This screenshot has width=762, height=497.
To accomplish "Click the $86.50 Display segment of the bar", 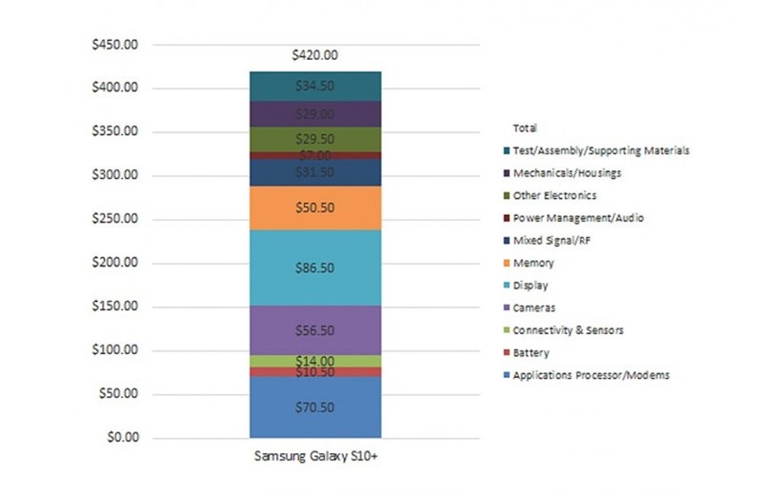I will pos(314,268).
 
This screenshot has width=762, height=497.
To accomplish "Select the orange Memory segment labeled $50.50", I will pos(314,208).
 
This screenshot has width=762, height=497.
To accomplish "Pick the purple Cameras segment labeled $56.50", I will pos(314,331).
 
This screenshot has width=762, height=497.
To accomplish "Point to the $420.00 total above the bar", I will pos(314,55).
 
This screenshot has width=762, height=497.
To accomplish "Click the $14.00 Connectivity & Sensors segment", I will pos(314,362).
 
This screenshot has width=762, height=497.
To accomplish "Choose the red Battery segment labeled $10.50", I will pos(314,372).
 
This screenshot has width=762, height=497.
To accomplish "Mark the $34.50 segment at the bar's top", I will pos(314,86).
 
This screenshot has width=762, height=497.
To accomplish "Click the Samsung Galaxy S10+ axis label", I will pos(315,455).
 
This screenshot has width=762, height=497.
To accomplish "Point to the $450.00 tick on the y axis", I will pos(112,44).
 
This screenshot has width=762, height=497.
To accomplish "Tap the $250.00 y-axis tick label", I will pos(112,219).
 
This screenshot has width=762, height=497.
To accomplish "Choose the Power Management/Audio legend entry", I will pos(578,218).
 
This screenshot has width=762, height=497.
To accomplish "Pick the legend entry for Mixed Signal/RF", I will pos(554,240).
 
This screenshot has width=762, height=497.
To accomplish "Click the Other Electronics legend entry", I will pos(560,195).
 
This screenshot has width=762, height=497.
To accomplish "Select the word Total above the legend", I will pos(525,128).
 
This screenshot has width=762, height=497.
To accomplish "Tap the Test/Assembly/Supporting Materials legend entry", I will pos(600,149).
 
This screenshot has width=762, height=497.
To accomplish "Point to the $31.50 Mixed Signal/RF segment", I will pos(314,172).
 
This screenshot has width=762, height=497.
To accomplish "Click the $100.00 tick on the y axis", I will pos(112,350).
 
